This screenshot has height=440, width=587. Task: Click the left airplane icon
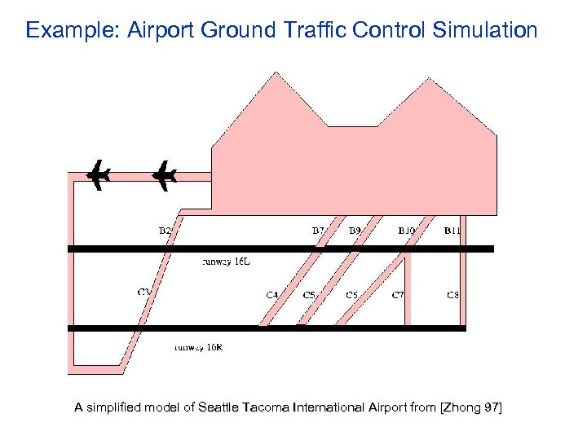[99, 174]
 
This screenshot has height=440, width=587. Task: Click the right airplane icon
[165, 174]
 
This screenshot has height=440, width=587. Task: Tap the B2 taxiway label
[165, 231]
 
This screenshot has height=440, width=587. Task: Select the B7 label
[319, 231]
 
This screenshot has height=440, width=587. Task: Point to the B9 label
[355, 231]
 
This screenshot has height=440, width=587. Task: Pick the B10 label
[407, 231]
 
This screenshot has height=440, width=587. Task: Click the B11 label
[452, 231]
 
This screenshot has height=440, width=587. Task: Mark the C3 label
[143, 292]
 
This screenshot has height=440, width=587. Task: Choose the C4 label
[272, 294]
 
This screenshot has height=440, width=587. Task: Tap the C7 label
[398, 294]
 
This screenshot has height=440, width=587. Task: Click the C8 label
[452, 294]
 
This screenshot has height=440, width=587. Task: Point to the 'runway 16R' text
[198, 347]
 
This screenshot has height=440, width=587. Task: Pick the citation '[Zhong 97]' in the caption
[470, 407]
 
